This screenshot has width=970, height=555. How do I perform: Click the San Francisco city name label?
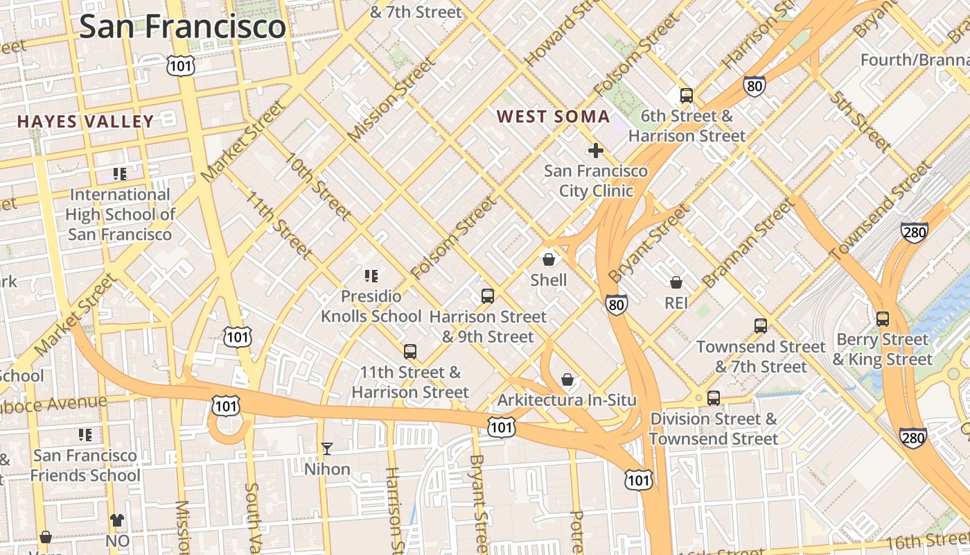tap(182, 26)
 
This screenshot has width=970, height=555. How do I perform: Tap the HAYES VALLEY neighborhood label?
tap(85, 121)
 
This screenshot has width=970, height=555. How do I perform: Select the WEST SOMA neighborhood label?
tap(553, 117)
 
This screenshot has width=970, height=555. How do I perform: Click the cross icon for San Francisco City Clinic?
tap(595, 150)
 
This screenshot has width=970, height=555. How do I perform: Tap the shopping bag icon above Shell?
tap(549, 259)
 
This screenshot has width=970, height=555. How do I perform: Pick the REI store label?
tap(676, 303)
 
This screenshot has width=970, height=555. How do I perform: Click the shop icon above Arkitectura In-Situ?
tap(567, 379)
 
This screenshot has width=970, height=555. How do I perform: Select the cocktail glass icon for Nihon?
tap(327, 449)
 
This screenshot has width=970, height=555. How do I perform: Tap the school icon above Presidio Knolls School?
tap(371, 276)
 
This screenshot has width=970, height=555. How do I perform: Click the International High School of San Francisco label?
tap(120, 214)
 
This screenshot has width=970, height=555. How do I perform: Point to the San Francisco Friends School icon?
tap(85, 435)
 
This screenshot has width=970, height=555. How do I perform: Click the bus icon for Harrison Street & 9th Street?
tap(488, 296)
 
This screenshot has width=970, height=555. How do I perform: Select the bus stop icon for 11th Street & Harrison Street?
tap(410, 352)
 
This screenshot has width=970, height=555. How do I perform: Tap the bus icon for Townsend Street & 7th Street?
tap(761, 325)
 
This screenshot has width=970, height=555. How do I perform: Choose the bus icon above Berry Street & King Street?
tap(883, 318)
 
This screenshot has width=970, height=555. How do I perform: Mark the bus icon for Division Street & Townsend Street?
tap(714, 398)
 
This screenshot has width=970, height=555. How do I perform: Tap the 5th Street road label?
tap(859, 119)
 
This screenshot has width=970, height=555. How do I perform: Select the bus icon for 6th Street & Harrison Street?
tap(687, 96)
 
